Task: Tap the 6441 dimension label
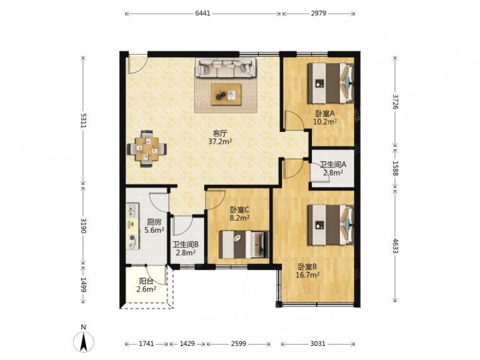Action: click(x=203, y=13)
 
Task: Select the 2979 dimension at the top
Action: click(x=319, y=13)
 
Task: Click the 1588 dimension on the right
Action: click(x=395, y=168)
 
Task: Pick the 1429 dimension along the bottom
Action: click(x=187, y=344)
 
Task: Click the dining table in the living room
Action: click(x=147, y=149)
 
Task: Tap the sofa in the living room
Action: click(x=225, y=68)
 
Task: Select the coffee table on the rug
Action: click(x=226, y=94)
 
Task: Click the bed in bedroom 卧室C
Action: click(x=244, y=244)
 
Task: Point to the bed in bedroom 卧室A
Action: click(x=331, y=83)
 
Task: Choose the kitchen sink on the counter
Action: click(x=132, y=210)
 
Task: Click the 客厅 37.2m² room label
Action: click(x=220, y=137)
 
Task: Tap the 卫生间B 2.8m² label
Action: click(x=186, y=249)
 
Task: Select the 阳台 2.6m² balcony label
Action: click(x=146, y=285)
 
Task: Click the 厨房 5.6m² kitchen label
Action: click(x=154, y=226)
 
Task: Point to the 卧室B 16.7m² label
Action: click(x=308, y=270)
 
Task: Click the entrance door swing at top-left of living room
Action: click(x=138, y=64)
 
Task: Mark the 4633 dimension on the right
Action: click(x=395, y=246)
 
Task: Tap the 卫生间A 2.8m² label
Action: click(x=333, y=168)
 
